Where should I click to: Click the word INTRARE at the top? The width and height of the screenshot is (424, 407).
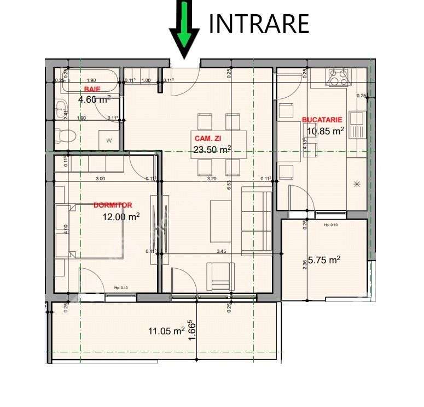(x=259, y=23)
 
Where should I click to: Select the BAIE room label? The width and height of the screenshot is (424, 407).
(x=92, y=89)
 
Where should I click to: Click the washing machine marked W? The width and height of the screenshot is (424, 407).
(x=109, y=140)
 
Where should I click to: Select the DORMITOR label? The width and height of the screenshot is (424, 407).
(x=113, y=205)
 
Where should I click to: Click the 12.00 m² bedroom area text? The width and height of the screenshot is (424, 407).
(x=121, y=216)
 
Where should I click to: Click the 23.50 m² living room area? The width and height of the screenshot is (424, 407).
(x=212, y=149)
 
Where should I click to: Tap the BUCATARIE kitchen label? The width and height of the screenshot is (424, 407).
(x=322, y=119)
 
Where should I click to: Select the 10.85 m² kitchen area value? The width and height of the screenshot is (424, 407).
(x=325, y=131)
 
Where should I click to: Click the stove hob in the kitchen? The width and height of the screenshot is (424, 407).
(x=338, y=78)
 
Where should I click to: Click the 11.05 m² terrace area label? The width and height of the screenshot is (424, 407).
(x=166, y=331)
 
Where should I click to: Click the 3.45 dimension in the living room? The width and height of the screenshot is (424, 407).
(x=222, y=251)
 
